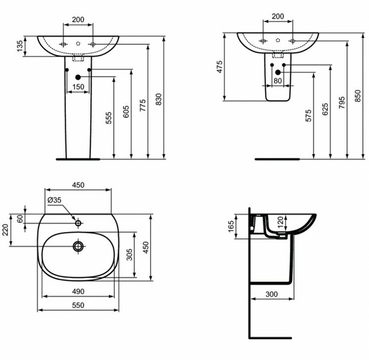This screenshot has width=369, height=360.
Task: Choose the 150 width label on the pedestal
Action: click(78, 87)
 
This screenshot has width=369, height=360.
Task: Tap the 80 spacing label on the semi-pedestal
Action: click(278, 81)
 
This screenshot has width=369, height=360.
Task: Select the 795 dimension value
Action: click(342, 102)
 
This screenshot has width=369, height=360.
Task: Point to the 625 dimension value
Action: click(325, 109)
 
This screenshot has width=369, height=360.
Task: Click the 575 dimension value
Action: click(309, 115)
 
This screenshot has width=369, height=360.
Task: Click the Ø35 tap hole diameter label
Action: click(54, 200)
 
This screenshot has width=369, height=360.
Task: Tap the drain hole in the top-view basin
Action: click(78, 246)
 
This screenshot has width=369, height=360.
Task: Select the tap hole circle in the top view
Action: click(78, 224)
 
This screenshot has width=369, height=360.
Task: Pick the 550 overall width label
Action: click(78, 305)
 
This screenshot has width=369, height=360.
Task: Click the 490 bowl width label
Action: click(78, 291)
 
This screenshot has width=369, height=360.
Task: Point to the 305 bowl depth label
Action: click(130, 255)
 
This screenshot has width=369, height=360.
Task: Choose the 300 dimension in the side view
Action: click(272, 294)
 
